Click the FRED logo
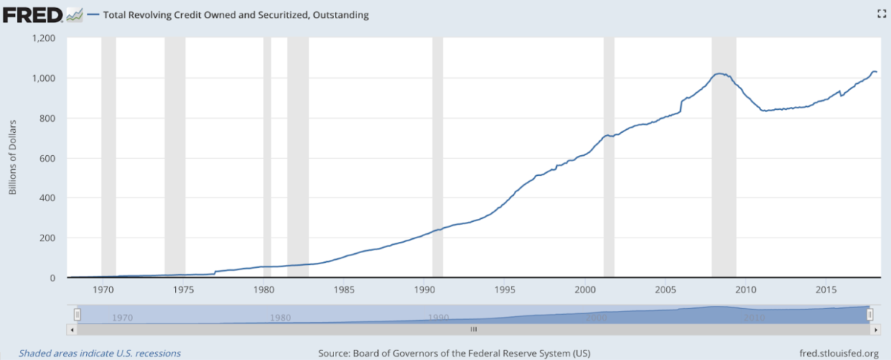coord(33,14)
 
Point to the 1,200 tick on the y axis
coord(43,38)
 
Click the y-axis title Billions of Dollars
coord(13,158)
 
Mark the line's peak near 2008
coord(719,73)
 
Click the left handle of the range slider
coord(77,315)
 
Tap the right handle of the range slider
coord(869,315)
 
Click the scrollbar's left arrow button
coord(71,328)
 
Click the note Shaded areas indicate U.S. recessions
coord(99,353)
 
